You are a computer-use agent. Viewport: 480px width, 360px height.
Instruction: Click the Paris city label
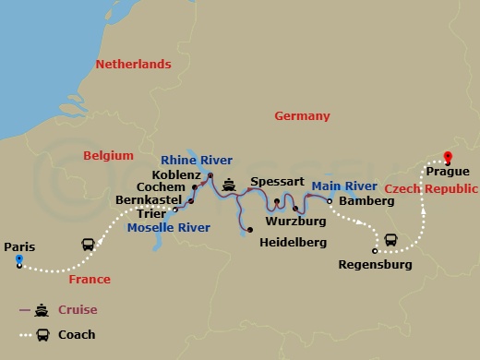point(19,246)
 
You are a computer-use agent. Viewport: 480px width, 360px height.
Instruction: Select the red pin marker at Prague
point(448,157)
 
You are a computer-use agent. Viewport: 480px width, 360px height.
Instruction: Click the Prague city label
point(448,172)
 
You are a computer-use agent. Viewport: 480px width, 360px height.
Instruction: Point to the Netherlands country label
point(134,65)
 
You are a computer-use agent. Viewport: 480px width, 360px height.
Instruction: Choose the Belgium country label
point(108,156)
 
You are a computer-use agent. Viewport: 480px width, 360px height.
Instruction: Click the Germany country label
point(302,116)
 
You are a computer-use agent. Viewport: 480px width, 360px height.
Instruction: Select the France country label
point(90,280)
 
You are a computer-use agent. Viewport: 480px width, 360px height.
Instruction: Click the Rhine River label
point(197,160)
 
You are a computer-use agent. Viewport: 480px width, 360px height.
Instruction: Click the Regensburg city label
point(375,266)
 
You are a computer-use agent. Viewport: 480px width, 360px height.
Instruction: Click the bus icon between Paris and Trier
point(88,246)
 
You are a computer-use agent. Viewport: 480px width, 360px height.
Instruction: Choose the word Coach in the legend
point(78,335)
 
